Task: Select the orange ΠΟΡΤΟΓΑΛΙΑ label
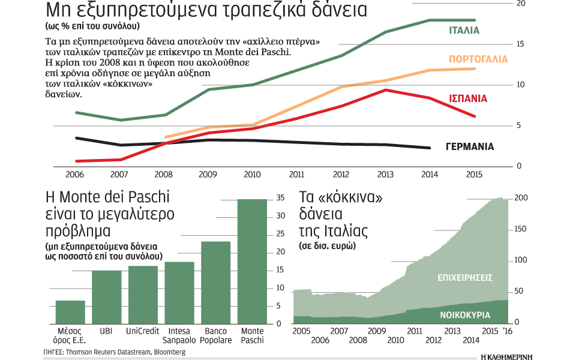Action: pyautogui.click(x=478, y=59)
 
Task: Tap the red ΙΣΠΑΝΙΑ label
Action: pyautogui.click(x=468, y=98)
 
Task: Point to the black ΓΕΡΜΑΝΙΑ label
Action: pyautogui.click(x=470, y=146)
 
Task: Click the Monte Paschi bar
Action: pyautogui.click(x=252, y=261)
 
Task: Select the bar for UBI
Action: pyautogui.click(x=106, y=297)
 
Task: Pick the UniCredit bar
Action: pyautogui.click(x=143, y=295)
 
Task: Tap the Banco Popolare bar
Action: pyautogui.click(x=215, y=282)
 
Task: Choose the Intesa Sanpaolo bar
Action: pyautogui.click(x=179, y=293)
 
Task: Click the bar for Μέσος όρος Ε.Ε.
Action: pyautogui.click(x=70, y=312)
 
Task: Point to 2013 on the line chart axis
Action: pyautogui.click(x=384, y=175)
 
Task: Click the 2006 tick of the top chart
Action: pyautogui.click(x=75, y=175)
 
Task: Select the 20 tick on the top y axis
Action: pyautogui.click(x=520, y=4)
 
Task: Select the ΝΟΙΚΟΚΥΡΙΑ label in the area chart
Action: pyautogui.click(x=465, y=314)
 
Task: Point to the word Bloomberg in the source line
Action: pyautogui.click(x=169, y=352)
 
